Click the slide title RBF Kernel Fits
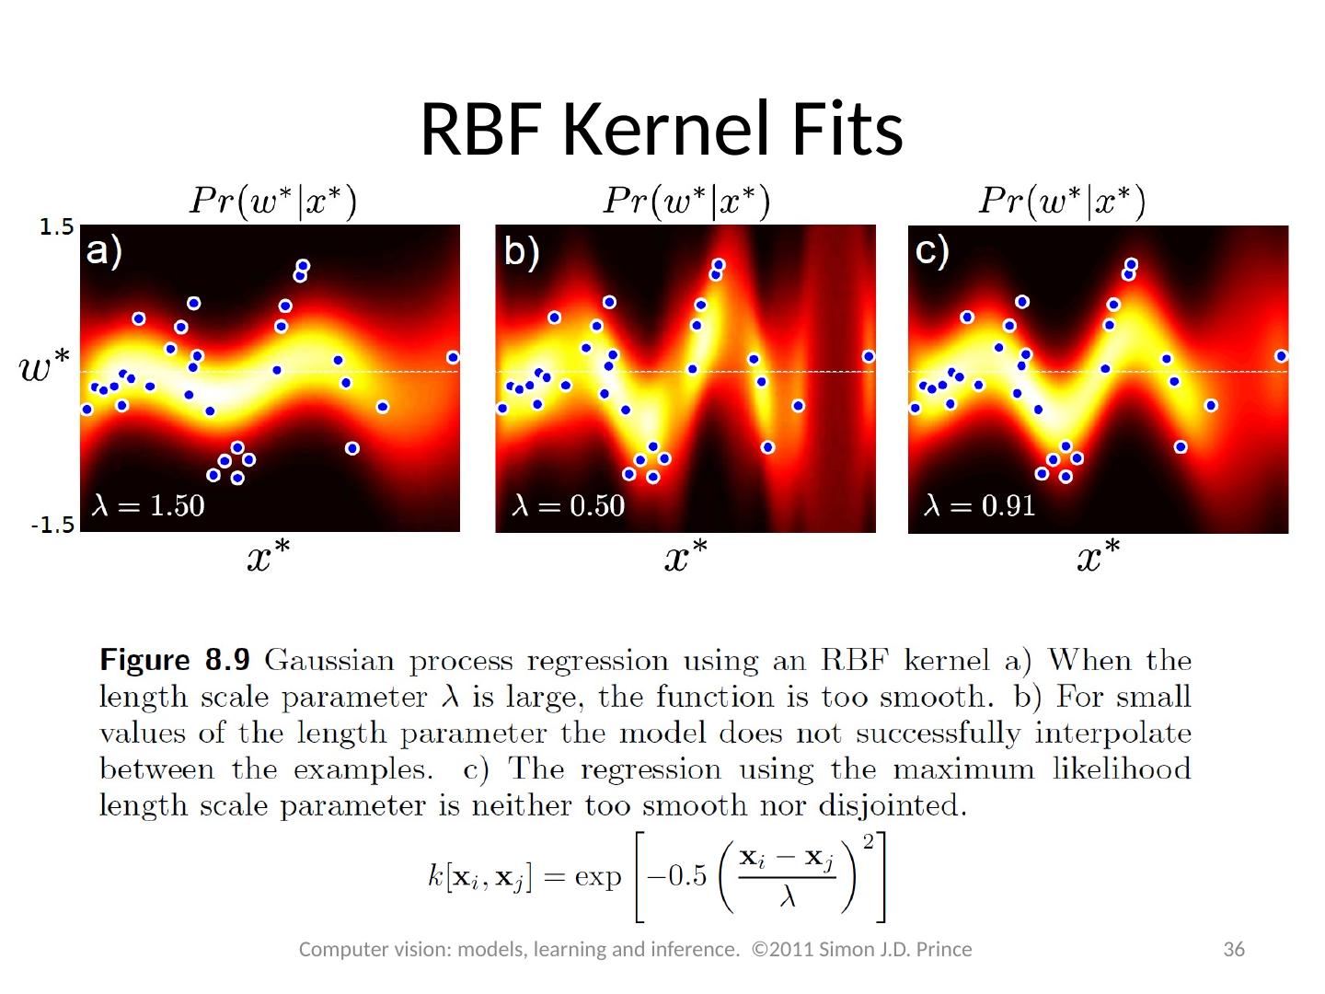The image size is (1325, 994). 662,128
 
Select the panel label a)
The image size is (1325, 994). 104,251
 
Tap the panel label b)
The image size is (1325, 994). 522,251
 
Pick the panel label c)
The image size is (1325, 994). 932,251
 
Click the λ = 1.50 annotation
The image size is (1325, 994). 148,505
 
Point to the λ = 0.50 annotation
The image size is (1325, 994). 568,505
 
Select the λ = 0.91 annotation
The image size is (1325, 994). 980,505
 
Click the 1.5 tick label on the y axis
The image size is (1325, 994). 56,227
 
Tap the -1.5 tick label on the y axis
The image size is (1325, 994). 52,526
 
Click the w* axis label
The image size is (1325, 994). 43,369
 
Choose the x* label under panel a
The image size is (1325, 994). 268,555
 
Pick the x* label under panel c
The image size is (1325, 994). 1099,555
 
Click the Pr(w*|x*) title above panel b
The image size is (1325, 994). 686,201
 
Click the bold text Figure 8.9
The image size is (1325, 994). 175,660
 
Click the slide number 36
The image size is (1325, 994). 1234,949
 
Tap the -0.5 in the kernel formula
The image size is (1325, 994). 677,875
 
